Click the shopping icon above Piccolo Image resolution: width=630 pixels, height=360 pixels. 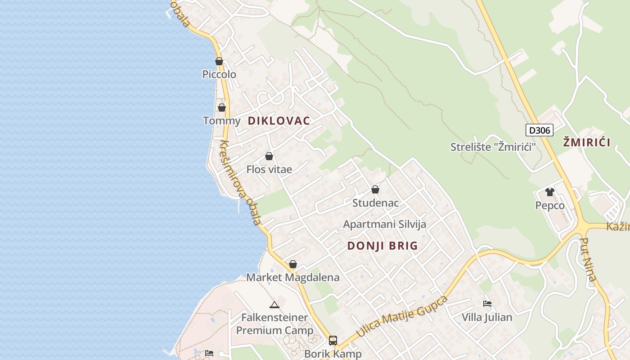coord(219,61)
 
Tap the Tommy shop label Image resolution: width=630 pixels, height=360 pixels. coord(221,121)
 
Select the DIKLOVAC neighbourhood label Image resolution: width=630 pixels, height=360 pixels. coord(279,121)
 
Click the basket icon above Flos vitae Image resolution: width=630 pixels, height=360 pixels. coord(269,156)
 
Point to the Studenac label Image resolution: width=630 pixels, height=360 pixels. coord(375,203)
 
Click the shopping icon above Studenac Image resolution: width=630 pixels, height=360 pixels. coord(375,189)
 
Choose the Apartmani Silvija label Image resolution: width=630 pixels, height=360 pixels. coord(384,224)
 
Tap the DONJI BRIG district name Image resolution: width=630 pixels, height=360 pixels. coord(382,246)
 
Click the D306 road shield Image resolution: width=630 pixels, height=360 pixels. coord(539,130)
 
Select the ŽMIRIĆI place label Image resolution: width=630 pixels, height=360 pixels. coord(587,143)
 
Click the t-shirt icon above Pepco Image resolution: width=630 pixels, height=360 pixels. coord(549,192)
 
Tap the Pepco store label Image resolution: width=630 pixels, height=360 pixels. coord(549,206)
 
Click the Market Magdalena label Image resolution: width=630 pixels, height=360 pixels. coord(292,277)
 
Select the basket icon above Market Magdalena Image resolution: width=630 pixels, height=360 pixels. coord(293,264)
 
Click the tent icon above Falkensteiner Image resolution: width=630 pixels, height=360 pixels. coord(274,305)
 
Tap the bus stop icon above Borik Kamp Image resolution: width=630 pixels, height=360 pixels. coord(333,341)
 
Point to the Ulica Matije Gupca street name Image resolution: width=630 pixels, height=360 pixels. coord(402,316)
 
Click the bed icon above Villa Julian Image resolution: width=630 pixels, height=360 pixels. coord(487,304)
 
